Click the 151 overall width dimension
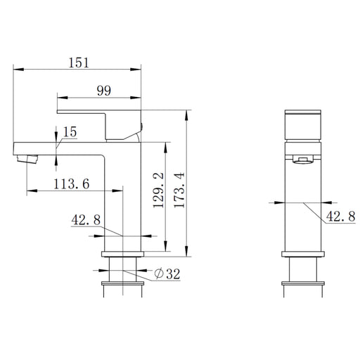(x=79, y=63)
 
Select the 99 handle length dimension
(x=104, y=91)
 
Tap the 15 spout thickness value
(x=70, y=131)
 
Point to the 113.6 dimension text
(x=72, y=184)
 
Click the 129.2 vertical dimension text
(x=158, y=190)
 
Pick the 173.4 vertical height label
(x=179, y=190)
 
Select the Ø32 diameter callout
(x=167, y=274)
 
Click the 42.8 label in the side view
(x=341, y=216)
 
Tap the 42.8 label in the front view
(x=86, y=220)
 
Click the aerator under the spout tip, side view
(x=27, y=159)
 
